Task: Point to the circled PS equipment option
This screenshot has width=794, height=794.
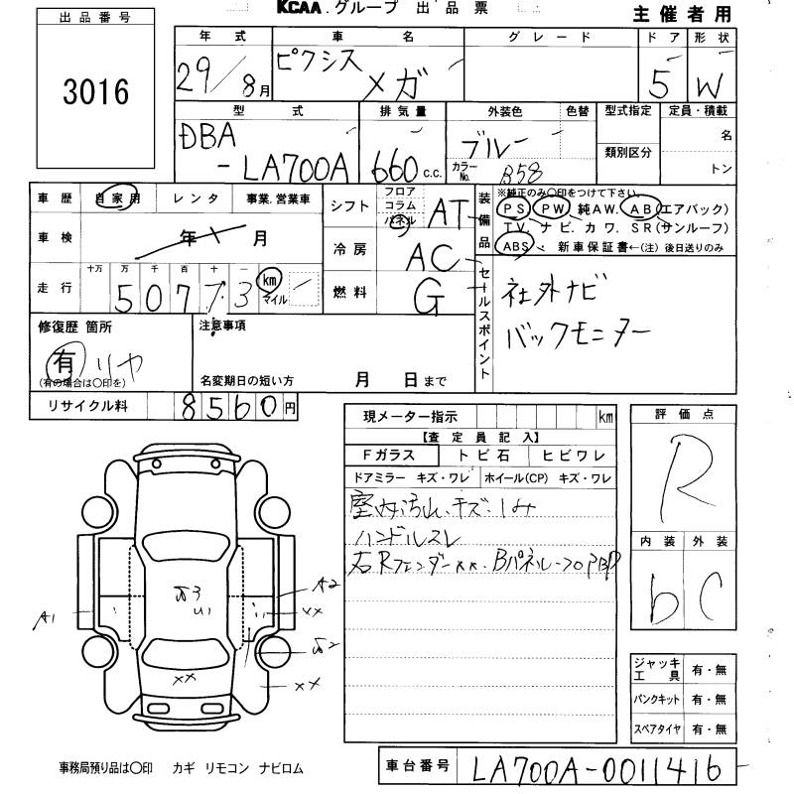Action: click(x=513, y=209)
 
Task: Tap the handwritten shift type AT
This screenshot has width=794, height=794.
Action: click(x=455, y=210)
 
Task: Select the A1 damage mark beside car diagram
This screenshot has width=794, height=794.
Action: click(x=46, y=620)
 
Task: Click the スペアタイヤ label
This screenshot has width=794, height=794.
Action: click(x=656, y=729)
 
